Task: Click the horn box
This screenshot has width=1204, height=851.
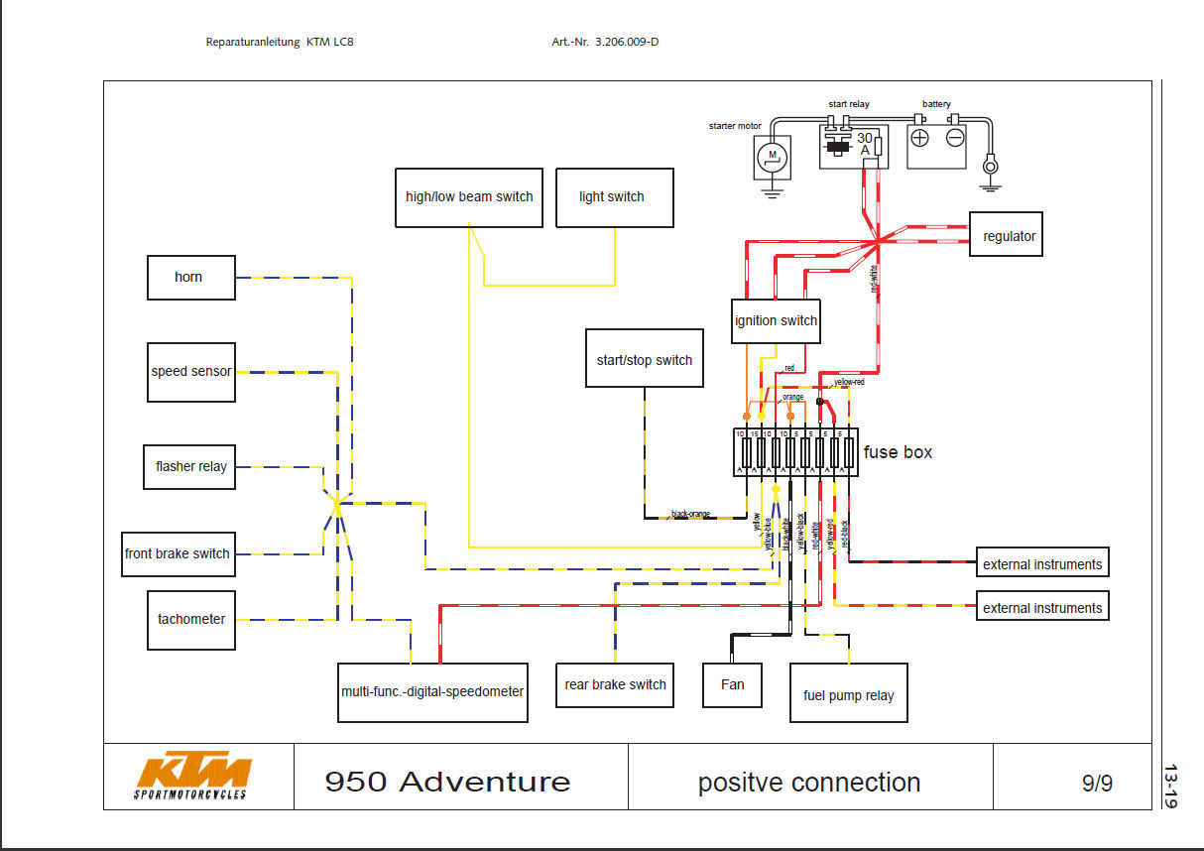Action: (x=191, y=278)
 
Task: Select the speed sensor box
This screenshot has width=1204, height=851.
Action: (x=191, y=372)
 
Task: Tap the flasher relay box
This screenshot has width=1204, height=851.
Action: (x=190, y=467)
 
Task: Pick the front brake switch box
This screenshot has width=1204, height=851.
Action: (x=178, y=553)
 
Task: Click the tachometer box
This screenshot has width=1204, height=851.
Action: (x=191, y=620)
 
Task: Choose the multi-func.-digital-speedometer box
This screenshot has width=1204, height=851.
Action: (x=432, y=691)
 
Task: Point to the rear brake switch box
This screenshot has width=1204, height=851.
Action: (x=615, y=685)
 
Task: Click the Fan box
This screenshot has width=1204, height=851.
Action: (x=732, y=685)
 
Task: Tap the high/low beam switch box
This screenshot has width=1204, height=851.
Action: (x=469, y=197)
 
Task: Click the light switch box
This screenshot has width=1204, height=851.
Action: (x=612, y=197)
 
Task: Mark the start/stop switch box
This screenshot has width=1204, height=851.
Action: (x=645, y=360)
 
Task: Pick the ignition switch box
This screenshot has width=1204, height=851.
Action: (x=776, y=321)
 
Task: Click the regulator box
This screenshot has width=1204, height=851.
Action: (x=1007, y=236)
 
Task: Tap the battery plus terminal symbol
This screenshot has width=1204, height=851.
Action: (x=920, y=139)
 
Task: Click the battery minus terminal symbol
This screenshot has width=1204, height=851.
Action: (x=955, y=139)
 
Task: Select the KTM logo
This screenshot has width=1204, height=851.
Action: (x=193, y=776)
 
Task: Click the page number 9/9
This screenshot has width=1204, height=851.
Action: (x=1097, y=784)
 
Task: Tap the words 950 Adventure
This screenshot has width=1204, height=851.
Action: (x=447, y=783)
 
